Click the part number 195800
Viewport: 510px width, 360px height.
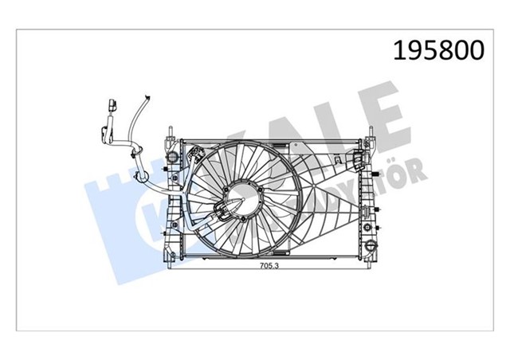click(436, 50)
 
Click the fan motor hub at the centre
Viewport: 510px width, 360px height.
click(241, 202)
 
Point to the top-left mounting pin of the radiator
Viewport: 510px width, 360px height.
click(171, 129)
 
